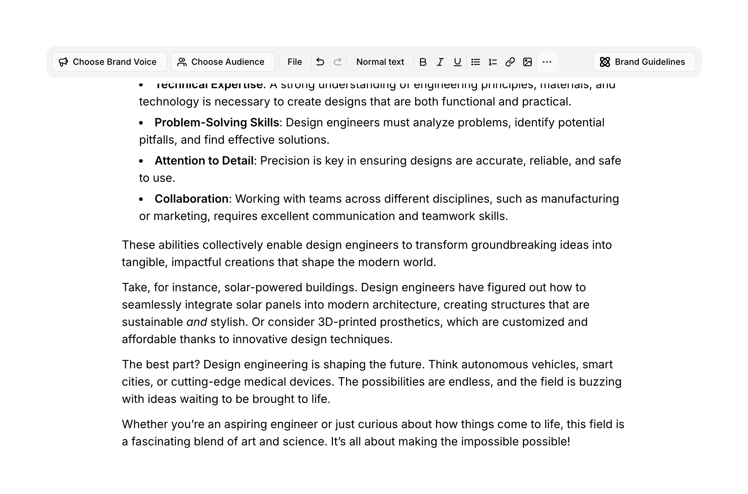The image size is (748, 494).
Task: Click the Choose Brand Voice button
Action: pyautogui.click(x=109, y=62)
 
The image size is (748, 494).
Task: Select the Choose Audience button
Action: pyautogui.click(x=222, y=62)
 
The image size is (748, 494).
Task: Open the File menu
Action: pyautogui.click(x=294, y=62)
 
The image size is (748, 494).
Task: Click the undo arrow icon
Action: pyautogui.click(x=320, y=62)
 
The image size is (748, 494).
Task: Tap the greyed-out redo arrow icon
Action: pyautogui.click(x=338, y=62)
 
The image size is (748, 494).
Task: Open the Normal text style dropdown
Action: pyautogui.click(x=380, y=62)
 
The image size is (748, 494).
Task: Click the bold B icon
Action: pyautogui.click(x=423, y=62)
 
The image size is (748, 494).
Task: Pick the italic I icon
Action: pyautogui.click(x=440, y=62)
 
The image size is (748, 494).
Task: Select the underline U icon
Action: pyautogui.click(x=457, y=62)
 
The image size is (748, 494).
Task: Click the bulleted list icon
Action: pyautogui.click(x=475, y=62)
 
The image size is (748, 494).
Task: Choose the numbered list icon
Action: pyautogui.click(x=493, y=62)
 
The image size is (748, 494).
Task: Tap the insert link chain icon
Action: pyautogui.click(x=510, y=62)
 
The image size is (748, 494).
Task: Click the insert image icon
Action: pyautogui.click(x=527, y=62)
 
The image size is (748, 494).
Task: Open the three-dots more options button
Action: pyautogui.click(x=547, y=62)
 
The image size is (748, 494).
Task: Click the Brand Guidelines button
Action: pyautogui.click(x=644, y=62)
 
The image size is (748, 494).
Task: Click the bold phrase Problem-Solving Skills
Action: pyautogui.click(x=217, y=123)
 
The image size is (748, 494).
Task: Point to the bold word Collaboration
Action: pyautogui.click(x=191, y=199)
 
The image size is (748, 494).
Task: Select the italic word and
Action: pyautogui.click(x=196, y=322)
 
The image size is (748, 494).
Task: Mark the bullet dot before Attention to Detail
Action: pyautogui.click(x=141, y=161)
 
